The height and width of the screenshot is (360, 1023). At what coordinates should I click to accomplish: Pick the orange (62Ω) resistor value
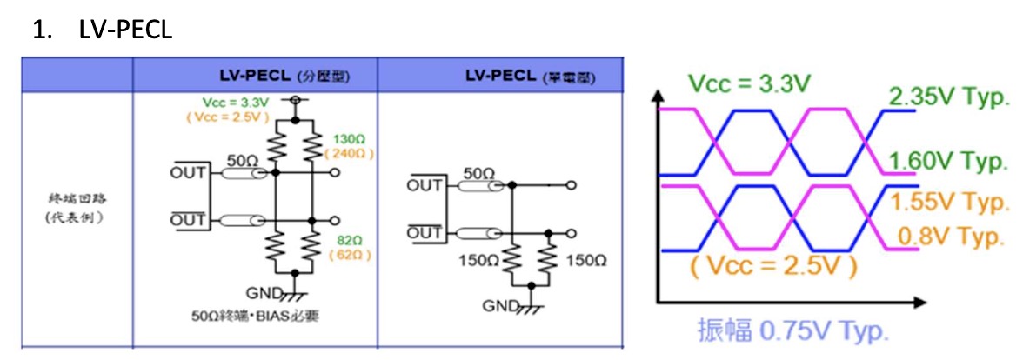348,255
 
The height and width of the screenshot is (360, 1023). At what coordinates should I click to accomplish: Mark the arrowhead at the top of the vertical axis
659,91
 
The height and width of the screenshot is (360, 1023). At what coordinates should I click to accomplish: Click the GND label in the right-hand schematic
499,305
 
